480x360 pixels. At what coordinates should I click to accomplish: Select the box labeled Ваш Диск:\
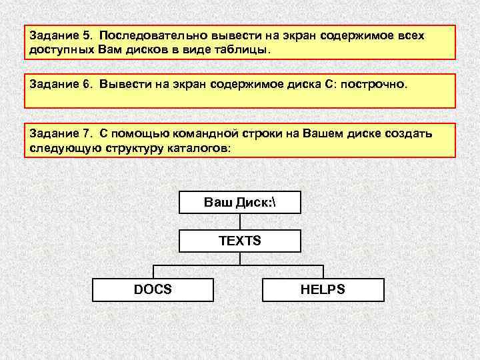coord(240,202)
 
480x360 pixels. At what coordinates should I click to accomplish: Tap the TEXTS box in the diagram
coord(240,241)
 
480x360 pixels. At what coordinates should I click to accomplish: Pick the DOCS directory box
coord(153,289)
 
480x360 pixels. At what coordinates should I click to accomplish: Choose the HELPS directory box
coord(323,289)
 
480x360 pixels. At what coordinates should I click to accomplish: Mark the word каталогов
coord(199,149)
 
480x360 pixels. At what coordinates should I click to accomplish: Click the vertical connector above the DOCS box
coord(154,271)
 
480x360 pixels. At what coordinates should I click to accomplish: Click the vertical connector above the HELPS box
coord(323,271)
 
